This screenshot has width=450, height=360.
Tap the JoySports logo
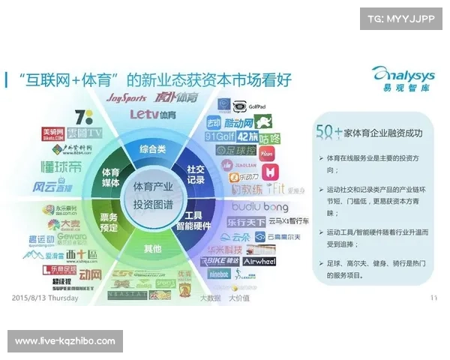click(x=126, y=97)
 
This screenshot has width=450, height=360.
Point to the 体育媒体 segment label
click(x=112, y=177)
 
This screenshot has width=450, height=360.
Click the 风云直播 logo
click(x=54, y=186)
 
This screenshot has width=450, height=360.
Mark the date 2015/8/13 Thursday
click(x=44, y=297)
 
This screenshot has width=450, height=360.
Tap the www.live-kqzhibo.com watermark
click(x=65, y=341)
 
